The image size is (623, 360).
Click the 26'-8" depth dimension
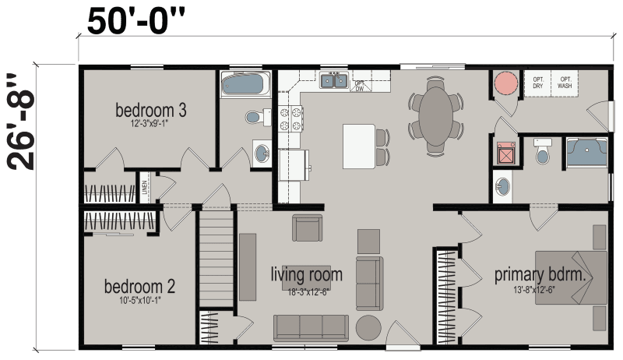[x=22, y=122]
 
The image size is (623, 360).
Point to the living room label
[x=306, y=275]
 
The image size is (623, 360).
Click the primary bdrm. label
[x=540, y=275]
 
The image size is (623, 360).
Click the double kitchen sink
[x=335, y=79]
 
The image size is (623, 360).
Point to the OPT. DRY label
[x=538, y=83]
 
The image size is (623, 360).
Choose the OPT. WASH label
[x=565, y=83]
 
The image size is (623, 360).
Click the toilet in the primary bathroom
[x=542, y=152]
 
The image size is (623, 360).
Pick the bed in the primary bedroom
[x=571, y=276]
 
